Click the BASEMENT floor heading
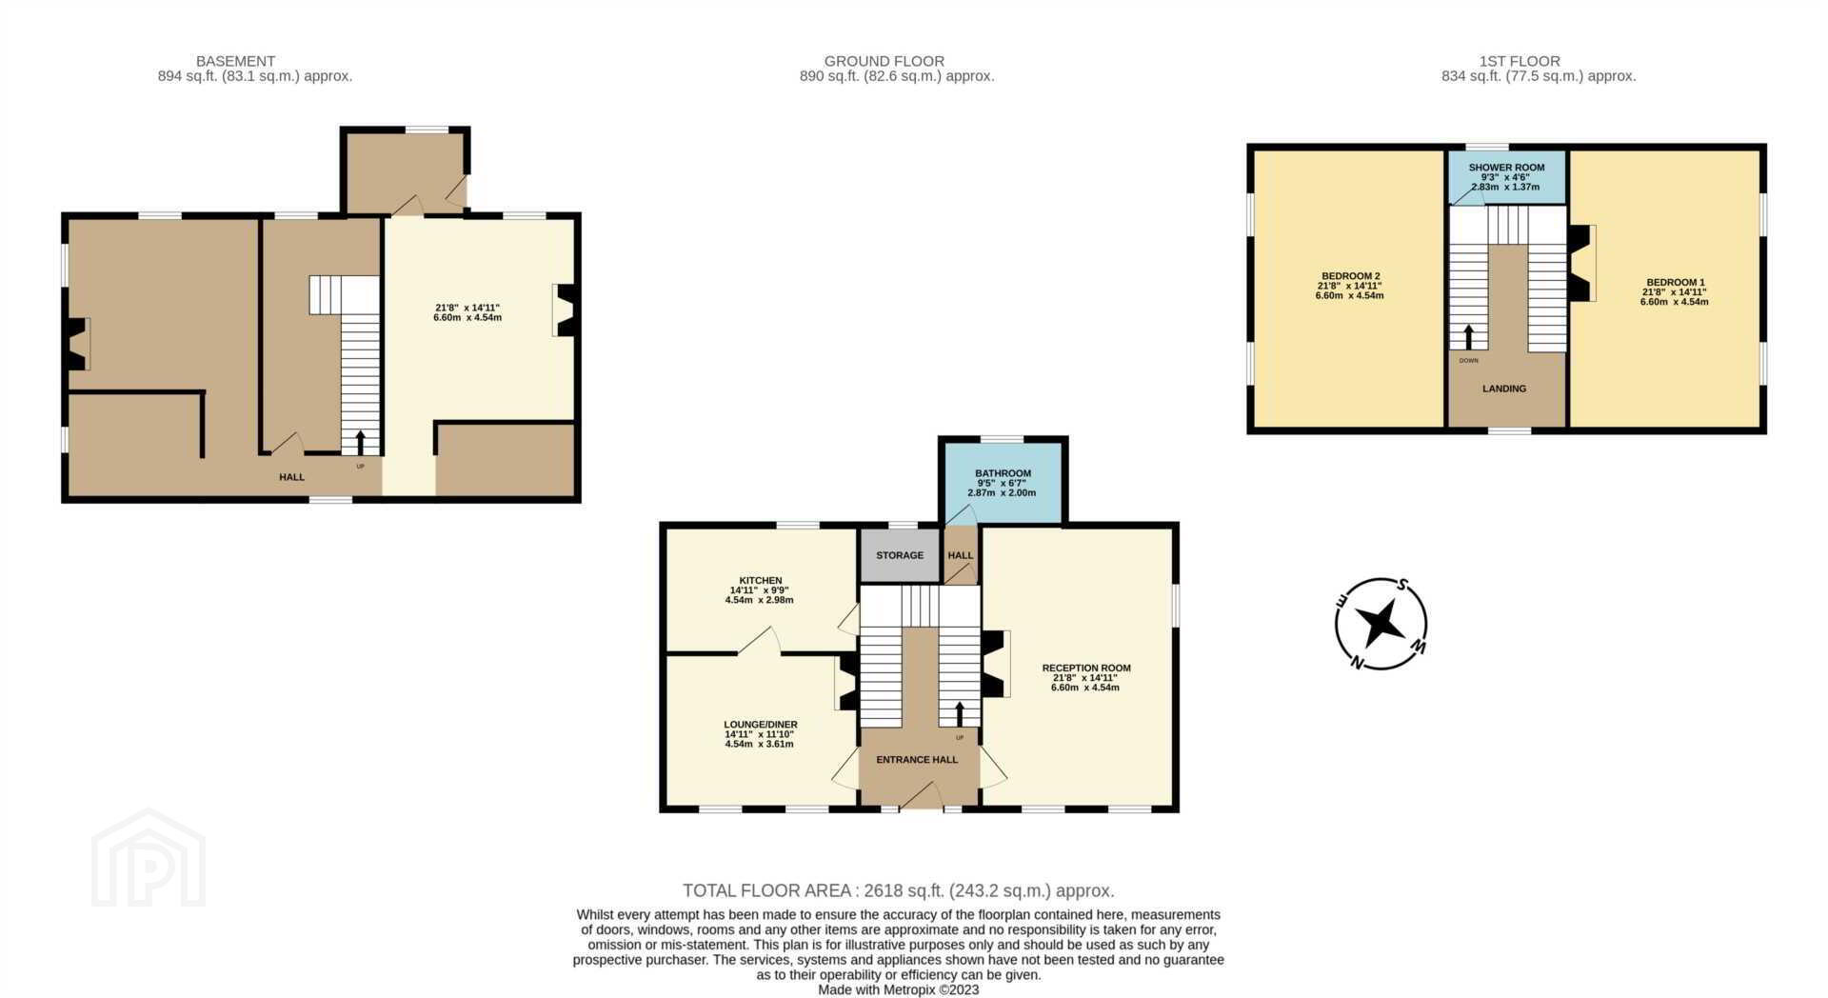236,61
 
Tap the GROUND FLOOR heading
884,61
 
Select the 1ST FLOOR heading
1520,61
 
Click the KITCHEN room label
761,581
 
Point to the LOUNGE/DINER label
761,725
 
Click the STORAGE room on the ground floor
900,555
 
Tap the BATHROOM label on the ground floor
1003,473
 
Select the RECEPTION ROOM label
1086,669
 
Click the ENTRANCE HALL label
917,760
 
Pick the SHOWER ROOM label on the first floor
1506,168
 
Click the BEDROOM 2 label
1350,276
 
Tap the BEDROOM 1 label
1676,283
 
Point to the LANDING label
1504,389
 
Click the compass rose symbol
1381,624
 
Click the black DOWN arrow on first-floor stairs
1468,337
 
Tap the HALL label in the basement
291,477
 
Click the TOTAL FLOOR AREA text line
898,891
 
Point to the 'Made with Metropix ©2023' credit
898,990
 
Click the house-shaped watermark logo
149,858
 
